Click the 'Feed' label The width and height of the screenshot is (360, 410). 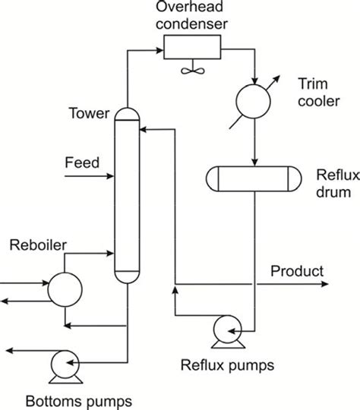(81, 162)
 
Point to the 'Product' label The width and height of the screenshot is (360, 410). (297, 271)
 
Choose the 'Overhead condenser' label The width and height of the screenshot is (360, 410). (189, 15)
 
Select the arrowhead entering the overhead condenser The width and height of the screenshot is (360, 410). (159, 52)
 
